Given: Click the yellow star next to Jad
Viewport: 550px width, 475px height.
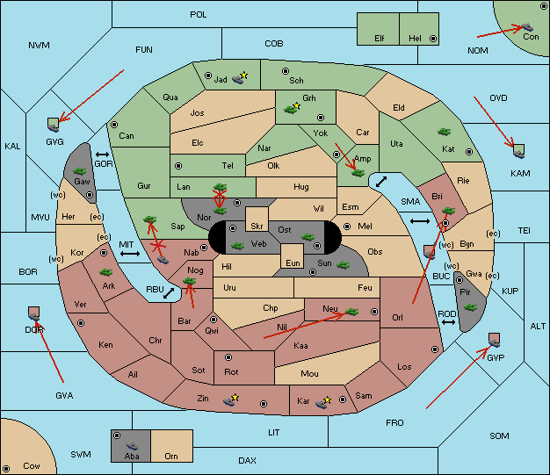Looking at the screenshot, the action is point(243,75).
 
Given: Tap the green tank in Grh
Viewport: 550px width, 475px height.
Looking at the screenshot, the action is point(291,110).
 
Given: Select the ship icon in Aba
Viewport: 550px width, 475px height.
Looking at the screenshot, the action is point(133,446).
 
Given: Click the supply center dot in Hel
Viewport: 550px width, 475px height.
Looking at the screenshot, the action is point(433,39).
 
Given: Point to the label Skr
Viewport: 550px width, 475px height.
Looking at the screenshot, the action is point(257,227).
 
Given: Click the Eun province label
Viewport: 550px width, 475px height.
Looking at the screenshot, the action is point(293,263).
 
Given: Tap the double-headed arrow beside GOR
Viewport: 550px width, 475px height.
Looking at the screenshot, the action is point(103,155).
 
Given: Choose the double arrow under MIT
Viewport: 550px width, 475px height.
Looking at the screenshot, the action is point(130,254).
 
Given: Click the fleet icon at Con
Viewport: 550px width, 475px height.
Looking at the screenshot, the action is point(527,27).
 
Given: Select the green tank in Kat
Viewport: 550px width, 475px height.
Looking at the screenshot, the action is point(444,132).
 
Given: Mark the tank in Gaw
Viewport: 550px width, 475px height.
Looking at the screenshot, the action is point(79,171).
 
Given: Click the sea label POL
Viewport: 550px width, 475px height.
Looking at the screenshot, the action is point(199,15).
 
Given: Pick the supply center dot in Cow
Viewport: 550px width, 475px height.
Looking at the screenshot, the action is point(6,469).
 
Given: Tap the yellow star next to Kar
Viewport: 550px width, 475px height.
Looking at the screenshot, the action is point(327,399).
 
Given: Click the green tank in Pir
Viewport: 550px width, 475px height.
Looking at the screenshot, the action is point(470,307).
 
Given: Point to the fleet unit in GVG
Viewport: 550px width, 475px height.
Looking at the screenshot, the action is point(54,127).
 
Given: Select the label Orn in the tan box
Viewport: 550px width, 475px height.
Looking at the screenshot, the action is point(171,456).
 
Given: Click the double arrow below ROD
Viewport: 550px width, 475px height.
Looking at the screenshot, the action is point(448,322).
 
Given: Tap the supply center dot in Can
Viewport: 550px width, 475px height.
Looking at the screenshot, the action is point(114,125).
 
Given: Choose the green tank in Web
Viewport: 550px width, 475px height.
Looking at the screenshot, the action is point(238,246).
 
